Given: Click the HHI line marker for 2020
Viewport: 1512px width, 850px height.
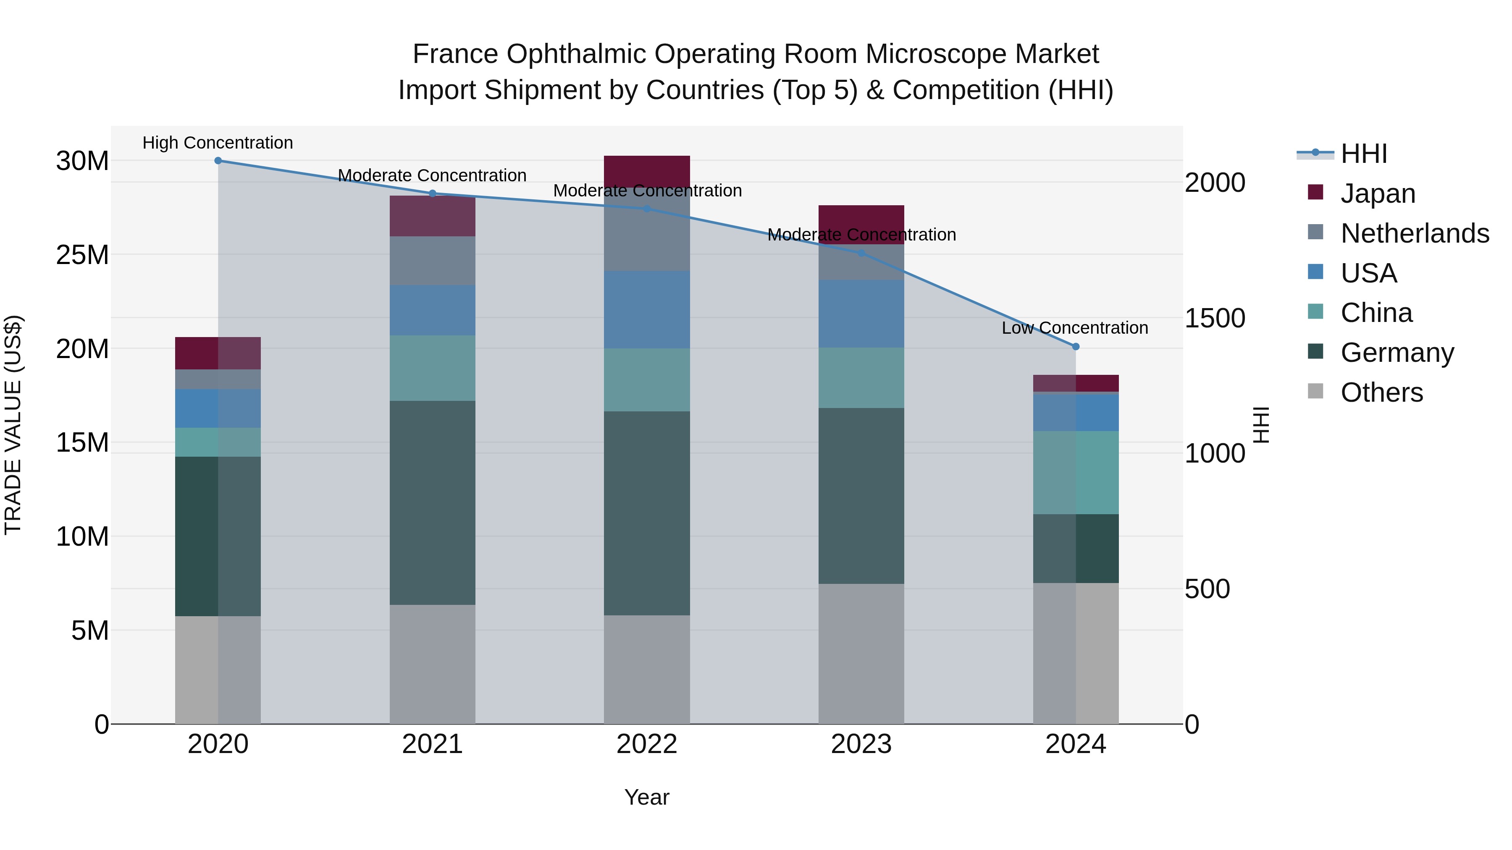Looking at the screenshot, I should point(218,161).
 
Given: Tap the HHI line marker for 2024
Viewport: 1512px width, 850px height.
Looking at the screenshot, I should point(1075,347).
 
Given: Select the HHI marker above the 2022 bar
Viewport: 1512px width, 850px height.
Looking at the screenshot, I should point(647,208).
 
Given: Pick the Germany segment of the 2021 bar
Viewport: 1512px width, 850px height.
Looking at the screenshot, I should point(433,503).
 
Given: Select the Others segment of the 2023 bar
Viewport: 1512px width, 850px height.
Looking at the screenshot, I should point(861,654).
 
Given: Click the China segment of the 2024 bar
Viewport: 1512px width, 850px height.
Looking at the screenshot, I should point(1075,473).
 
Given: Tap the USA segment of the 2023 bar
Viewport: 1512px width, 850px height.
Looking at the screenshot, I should point(861,314).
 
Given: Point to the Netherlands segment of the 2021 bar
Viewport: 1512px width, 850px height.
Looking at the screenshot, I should point(433,261).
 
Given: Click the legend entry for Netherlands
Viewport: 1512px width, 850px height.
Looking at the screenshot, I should point(1414,233).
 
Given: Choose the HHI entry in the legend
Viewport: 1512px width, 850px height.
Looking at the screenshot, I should point(1363,154).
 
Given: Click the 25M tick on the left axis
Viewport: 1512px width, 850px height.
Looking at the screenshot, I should point(82,255).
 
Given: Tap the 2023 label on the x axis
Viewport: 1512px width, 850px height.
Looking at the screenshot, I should point(861,744).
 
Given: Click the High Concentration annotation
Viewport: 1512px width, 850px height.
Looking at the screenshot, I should point(218,143).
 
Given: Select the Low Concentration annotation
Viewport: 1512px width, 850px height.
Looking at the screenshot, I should point(1075,328).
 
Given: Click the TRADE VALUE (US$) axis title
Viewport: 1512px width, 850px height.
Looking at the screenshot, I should point(13,425).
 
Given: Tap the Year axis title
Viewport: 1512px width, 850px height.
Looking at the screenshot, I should point(647,797).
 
